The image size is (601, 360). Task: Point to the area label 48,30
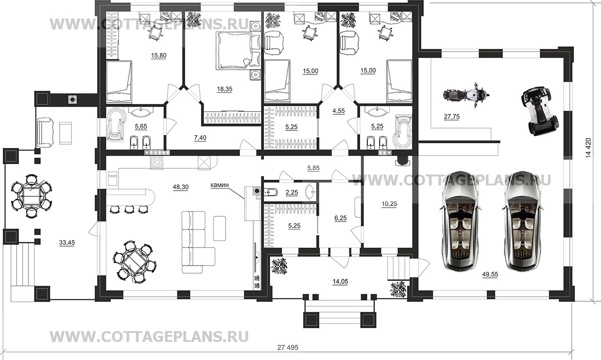pos(180,187)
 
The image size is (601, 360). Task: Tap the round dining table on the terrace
pos(31,195)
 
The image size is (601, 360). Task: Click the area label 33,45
pos(66,242)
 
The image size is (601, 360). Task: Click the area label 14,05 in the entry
pos(340,281)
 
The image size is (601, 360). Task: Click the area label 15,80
pos(159,55)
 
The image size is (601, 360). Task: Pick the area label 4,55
pos(339,111)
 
